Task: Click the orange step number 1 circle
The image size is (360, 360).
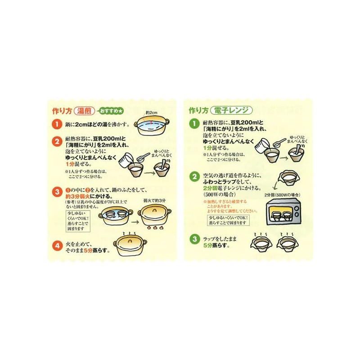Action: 57,124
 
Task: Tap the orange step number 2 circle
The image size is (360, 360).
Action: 57,141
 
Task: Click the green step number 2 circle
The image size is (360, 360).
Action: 194,176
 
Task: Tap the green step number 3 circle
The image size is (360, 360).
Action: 194,239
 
